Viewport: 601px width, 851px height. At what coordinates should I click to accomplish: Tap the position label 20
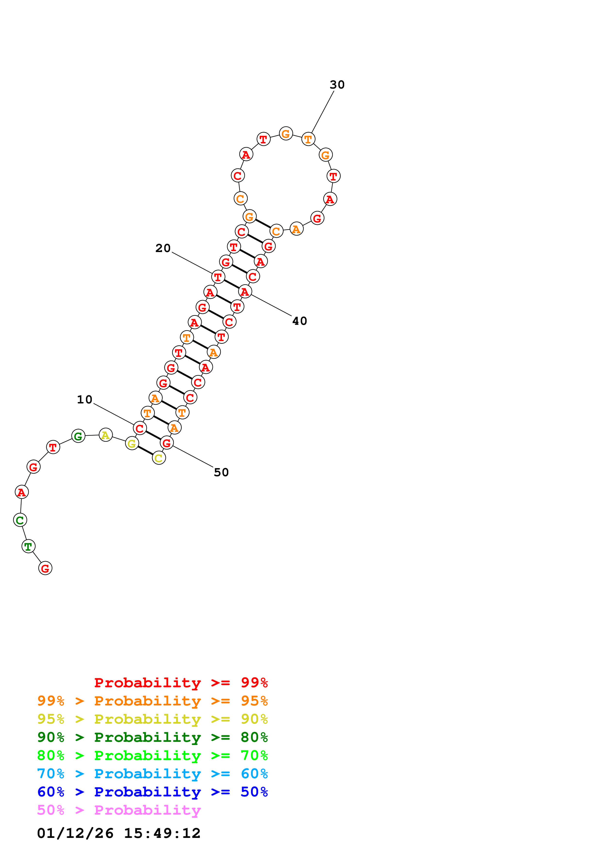click(x=163, y=248)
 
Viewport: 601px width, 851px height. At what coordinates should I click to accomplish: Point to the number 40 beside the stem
click(x=300, y=321)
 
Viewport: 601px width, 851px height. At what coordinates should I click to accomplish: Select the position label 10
click(x=84, y=400)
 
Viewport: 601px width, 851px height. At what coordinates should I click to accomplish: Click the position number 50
click(x=221, y=473)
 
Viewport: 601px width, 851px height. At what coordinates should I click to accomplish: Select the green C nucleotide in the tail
click(x=20, y=520)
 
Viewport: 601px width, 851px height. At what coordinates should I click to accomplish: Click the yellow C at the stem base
click(x=159, y=458)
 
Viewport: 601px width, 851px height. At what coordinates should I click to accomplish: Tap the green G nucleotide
click(x=78, y=436)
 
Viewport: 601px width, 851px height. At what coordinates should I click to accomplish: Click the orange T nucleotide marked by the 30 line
click(x=308, y=139)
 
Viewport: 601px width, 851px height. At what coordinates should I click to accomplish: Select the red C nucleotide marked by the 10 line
click(x=140, y=428)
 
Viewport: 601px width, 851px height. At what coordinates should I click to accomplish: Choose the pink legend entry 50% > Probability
click(x=119, y=810)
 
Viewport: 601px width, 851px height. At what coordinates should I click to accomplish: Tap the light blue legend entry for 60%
click(x=152, y=774)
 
